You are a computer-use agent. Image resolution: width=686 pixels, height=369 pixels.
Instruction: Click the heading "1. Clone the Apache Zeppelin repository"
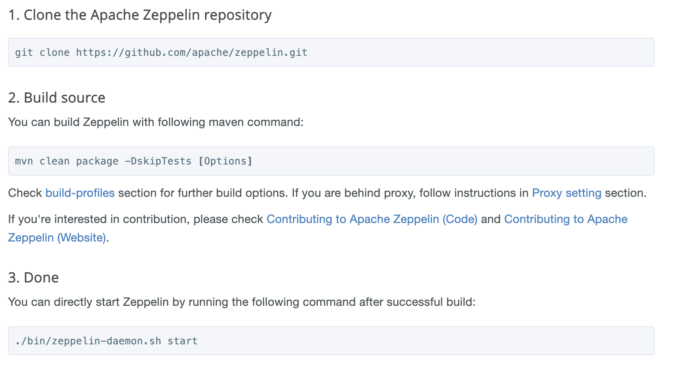tap(140, 15)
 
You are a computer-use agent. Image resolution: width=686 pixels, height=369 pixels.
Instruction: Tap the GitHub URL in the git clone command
tap(191, 52)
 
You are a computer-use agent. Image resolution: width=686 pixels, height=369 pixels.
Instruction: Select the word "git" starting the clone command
tap(24, 52)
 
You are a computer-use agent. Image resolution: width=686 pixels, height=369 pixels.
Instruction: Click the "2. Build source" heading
tap(57, 98)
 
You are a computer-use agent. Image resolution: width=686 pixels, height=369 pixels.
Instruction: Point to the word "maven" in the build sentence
tap(226, 122)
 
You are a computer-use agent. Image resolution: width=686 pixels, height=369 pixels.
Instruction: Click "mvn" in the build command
tap(24, 161)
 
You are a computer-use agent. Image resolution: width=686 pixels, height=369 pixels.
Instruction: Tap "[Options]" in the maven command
tap(225, 161)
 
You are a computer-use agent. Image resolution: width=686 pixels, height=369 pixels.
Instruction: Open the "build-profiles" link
tap(80, 193)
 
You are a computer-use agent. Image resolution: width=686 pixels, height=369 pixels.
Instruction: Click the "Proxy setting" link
tap(566, 193)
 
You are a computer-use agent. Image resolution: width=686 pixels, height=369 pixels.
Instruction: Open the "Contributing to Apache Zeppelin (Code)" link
tap(372, 219)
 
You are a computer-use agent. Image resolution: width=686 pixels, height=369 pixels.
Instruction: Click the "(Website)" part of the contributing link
tap(82, 238)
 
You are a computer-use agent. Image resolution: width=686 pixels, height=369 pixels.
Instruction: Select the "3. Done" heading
tap(33, 278)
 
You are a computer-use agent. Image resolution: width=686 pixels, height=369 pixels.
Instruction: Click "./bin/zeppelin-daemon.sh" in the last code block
tap(88, 341)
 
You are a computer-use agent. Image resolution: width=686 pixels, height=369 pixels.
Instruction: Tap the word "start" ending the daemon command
tap(182, 341)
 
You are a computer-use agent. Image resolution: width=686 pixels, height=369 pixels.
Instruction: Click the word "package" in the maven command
tap(97, 161)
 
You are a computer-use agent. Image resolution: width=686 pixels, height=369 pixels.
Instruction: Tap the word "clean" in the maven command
tap(55, 161)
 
